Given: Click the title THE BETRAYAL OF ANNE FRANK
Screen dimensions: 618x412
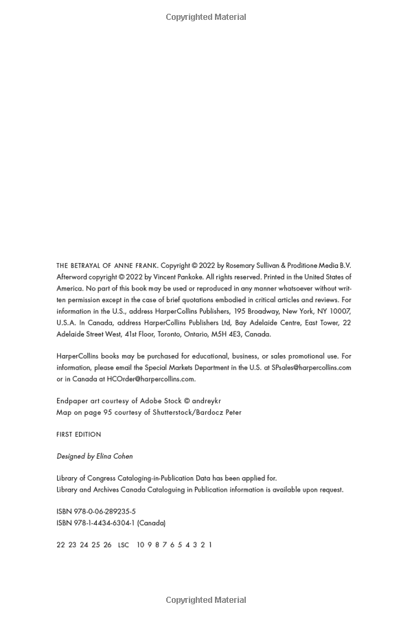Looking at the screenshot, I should click(x=107, y=266).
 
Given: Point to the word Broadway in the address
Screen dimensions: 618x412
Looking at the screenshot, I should click(x=245, y=311).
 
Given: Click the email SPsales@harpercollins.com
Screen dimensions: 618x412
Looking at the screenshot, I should click(x=311, y=367).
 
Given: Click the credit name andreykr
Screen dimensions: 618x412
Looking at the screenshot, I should click(x=207, y=401).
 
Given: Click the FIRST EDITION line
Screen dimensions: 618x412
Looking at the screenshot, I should click(x=78, y=435).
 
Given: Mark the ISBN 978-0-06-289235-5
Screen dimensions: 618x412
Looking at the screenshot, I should click(x=96, y=512).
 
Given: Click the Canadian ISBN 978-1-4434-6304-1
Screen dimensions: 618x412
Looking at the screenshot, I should click(x=95, y=523).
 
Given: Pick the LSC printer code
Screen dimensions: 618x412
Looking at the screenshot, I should click(x=124, y=545).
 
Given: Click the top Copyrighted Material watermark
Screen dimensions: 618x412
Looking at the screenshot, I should click(x=206, y=17).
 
